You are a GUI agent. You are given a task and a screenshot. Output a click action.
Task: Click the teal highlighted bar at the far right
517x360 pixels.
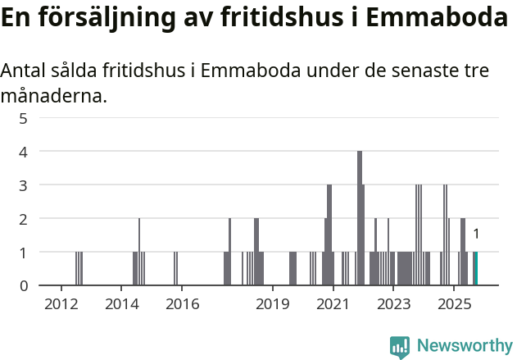475,269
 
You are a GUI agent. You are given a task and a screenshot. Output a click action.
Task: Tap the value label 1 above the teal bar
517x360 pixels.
476,235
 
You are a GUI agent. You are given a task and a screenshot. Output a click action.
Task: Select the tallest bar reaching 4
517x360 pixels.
360,218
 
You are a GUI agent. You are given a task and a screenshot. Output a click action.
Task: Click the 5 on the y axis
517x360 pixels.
24,118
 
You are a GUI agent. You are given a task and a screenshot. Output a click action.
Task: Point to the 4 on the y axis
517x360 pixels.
24,152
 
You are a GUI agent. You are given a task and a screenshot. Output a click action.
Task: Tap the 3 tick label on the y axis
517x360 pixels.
24,185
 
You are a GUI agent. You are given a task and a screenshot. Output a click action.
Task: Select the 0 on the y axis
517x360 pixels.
24,286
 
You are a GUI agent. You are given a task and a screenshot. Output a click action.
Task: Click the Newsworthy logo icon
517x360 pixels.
399,347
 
